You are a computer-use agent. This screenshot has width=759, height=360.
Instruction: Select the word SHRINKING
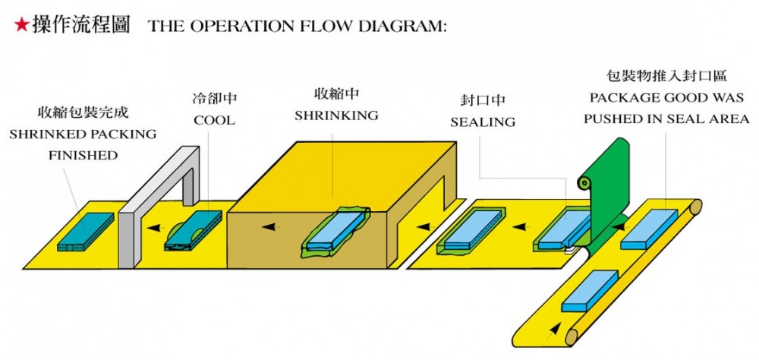pyautogui.click(x=336, y=115)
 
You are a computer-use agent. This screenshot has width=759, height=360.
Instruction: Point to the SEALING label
pyautogui.click(x=483, y=122)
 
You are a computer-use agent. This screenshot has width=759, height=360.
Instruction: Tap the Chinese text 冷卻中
pyautogui.click(x=214, y=99)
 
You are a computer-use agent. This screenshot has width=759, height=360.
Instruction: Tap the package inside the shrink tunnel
pyautogui.click(x=335, y=232)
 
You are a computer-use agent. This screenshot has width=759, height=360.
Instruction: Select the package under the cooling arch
pyautogui.click(x=194, y=232)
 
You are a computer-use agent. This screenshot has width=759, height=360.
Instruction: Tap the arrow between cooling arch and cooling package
pyautogui.click(x=154, y=227)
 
